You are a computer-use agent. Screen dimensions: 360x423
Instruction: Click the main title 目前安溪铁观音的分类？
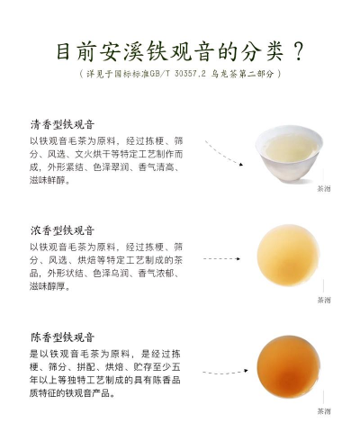180,52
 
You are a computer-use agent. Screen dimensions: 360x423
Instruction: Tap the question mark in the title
297,52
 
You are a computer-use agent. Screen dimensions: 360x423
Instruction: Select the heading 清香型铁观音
62,124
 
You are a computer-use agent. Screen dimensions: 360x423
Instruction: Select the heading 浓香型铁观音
62,230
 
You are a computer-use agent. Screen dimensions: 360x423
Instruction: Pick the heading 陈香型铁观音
62,337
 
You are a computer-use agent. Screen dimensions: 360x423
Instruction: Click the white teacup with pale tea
289,153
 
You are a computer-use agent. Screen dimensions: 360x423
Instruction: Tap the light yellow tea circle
288,256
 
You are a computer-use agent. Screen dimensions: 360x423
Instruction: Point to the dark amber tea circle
288,367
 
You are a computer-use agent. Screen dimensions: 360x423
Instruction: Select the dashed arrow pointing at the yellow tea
221,258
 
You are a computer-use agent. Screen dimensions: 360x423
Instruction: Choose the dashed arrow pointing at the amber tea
225,373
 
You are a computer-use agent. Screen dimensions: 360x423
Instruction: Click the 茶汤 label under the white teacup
324,189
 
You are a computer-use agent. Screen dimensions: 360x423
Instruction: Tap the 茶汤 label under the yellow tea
324,300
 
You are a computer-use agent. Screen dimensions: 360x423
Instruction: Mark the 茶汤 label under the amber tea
324,411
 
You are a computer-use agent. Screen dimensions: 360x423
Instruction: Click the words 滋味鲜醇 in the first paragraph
48,180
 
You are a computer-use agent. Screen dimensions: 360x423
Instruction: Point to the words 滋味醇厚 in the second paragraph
48,286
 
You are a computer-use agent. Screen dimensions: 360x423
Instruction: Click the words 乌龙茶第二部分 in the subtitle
243,73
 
